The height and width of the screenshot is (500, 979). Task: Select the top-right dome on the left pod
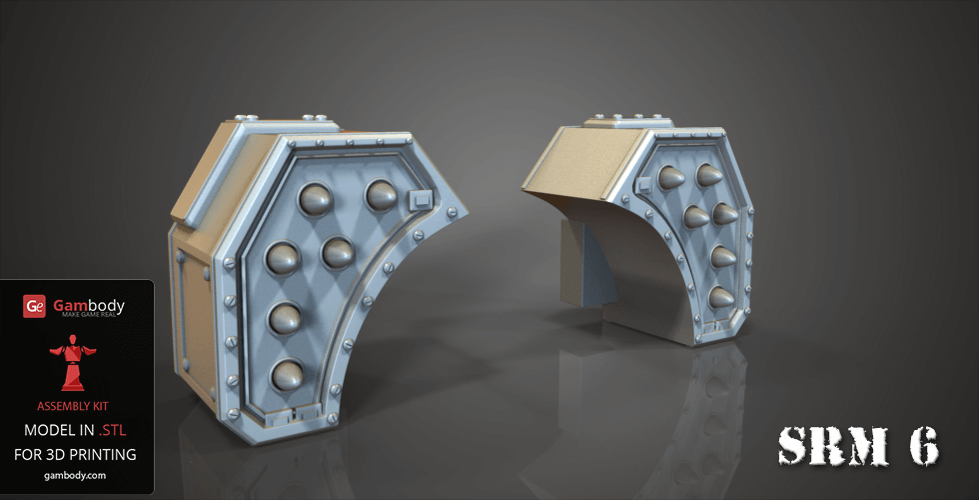pos(383,195)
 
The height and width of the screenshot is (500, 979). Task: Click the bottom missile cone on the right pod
pos(719,297)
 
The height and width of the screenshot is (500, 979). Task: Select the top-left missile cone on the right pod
pos(671,178)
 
